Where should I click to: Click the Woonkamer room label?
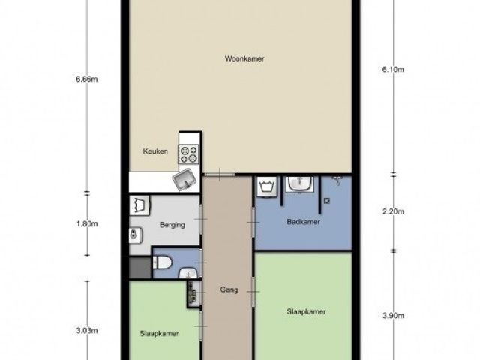[244, 58]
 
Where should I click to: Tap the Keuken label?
[155, 151]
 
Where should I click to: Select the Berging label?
[172, 225]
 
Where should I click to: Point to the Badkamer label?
[303, 222]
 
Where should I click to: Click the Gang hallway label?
[229, 289]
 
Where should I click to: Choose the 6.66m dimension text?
[87, 79]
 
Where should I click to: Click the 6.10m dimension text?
[393, 70]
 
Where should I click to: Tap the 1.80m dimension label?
[87, 223]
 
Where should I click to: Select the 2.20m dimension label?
[393, 211]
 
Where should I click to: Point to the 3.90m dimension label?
[393, 315]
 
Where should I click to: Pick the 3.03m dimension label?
[87, 330]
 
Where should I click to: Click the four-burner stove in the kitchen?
[188, 154]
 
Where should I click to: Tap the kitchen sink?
[184, 180]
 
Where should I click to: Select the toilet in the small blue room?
[162, 262]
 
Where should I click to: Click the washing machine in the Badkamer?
[267, 187]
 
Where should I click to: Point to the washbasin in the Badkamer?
[300, 184]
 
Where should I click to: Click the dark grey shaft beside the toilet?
[140, 268]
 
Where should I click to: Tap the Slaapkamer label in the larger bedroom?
[306, 312]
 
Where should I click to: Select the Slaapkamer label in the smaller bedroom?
[159, 333]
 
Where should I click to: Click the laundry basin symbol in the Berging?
[139, 205]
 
